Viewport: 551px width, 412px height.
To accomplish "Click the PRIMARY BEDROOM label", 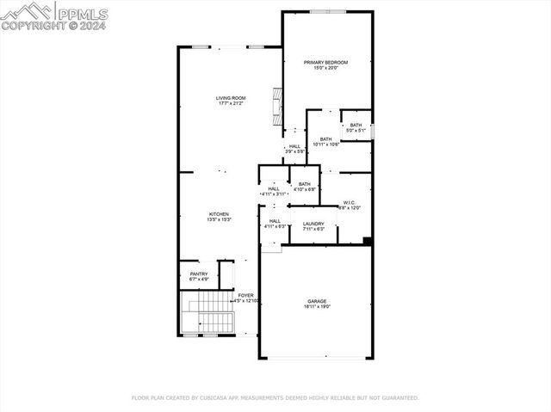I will pos(325,63).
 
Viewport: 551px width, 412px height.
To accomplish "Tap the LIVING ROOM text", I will pos(230,98).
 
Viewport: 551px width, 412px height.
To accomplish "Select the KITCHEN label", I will pos(219,214).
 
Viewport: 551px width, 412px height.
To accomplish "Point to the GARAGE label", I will pos(316,301).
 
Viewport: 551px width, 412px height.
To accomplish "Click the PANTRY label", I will pos(198,274).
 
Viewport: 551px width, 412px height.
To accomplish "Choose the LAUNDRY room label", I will pos(313,224).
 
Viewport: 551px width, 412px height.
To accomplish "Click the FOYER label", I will pos(246,295).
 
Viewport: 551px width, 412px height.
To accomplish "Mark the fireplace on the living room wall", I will pos(276,107).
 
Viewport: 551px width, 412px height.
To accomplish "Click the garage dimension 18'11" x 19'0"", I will pos(316,306).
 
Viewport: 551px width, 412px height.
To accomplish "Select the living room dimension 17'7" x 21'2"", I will pos(230,104).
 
